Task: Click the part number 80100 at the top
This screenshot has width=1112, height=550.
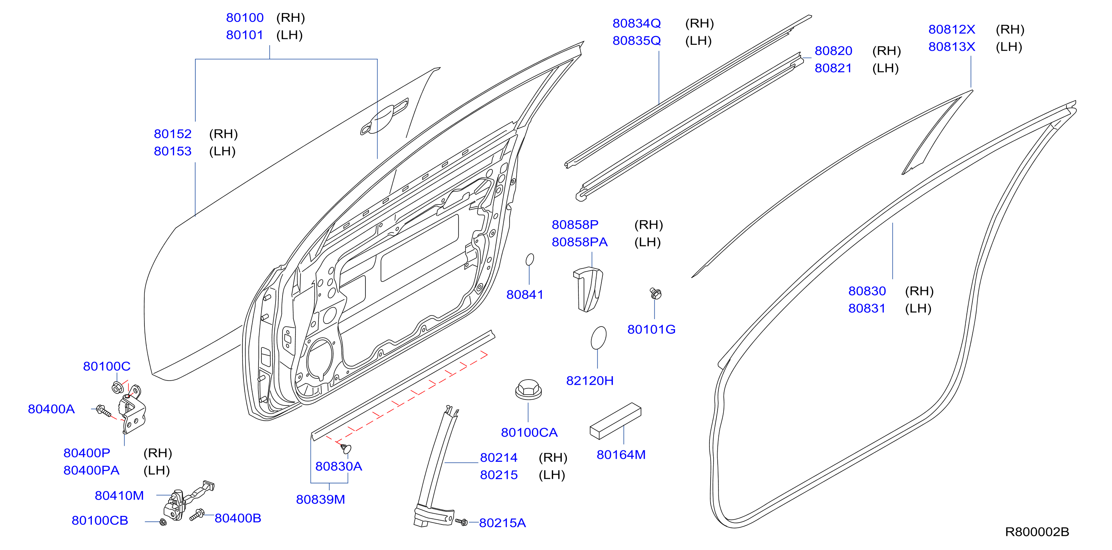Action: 245,18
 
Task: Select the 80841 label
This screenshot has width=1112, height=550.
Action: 524,295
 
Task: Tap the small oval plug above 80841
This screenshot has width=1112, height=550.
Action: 530,259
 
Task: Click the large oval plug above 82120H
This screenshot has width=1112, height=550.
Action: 598,337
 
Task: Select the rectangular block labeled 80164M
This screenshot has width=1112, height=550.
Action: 615,421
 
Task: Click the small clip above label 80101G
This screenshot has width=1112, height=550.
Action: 655,294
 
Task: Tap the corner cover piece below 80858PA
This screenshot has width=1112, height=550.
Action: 588,289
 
